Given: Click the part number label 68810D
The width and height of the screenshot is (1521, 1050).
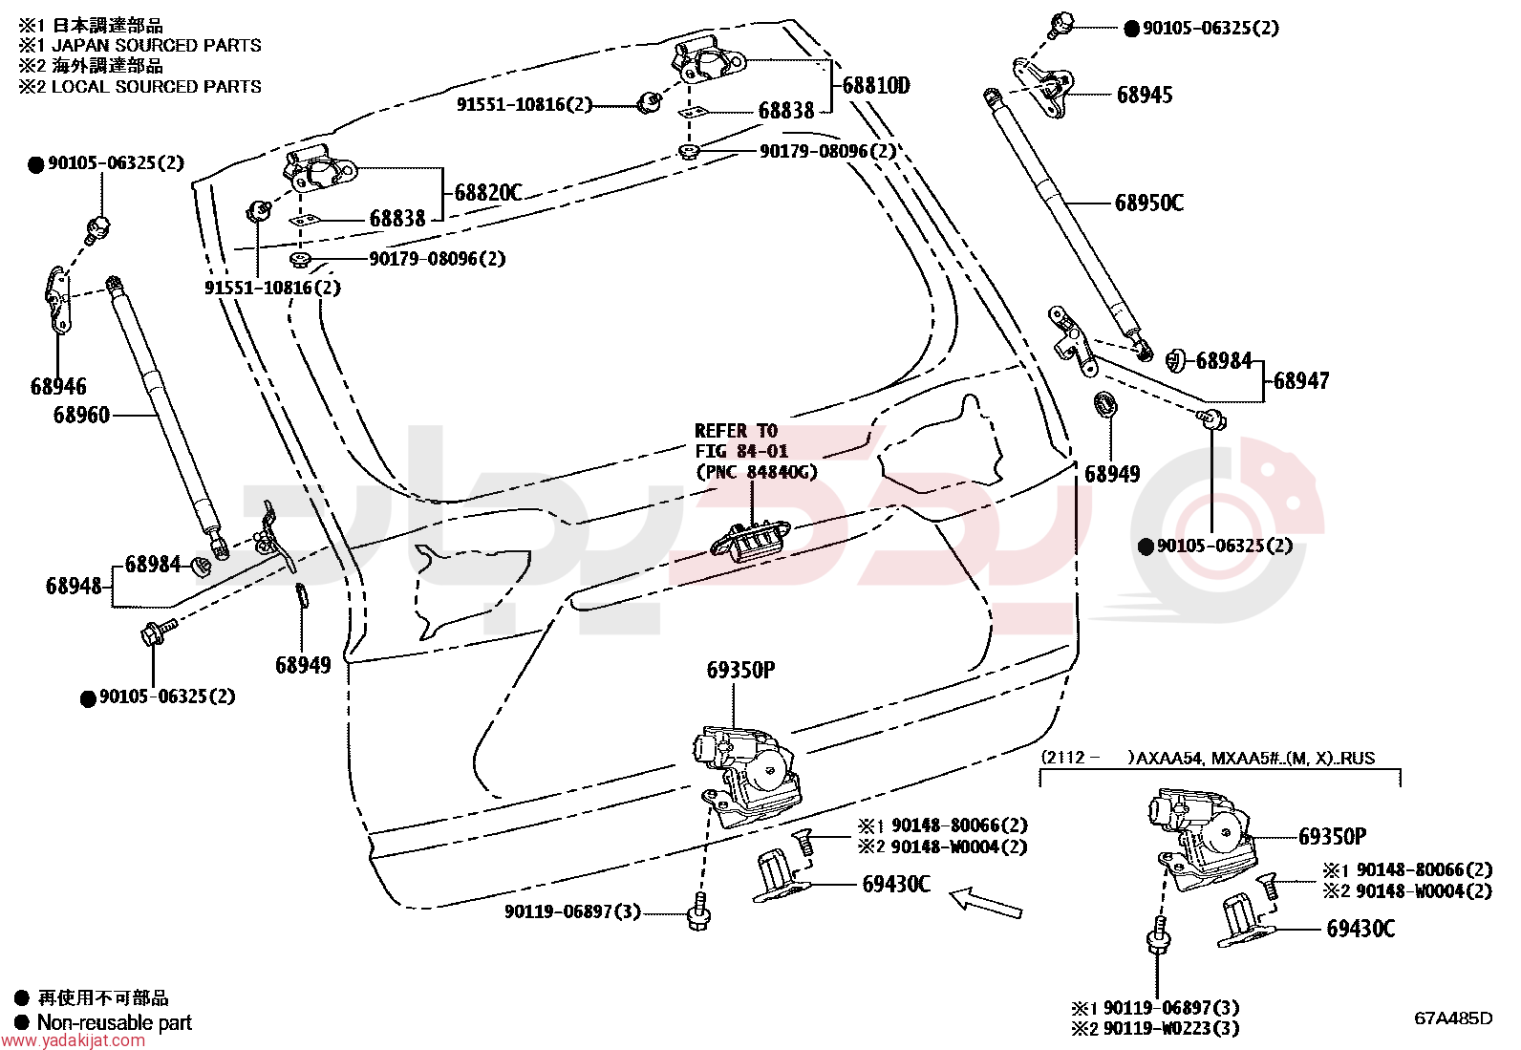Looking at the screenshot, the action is [876, 86].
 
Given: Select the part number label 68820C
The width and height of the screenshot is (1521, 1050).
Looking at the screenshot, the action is [488, 193].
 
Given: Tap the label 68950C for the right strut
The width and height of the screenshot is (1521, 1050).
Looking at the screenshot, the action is [1149, 203].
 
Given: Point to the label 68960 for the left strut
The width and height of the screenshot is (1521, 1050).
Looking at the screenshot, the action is [81, 415].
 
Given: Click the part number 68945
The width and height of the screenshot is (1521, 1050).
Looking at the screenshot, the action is [1145, 96].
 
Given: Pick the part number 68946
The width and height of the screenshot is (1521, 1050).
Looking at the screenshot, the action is [58, 386].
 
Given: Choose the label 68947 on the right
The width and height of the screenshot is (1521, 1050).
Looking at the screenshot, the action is [1301, 381].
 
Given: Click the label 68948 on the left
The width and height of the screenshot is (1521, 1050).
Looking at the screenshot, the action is [74, 586].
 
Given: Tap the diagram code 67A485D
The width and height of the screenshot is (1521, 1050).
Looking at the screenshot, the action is [1454, 1018].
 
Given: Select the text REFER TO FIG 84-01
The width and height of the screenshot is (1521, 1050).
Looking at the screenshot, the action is [741, 440].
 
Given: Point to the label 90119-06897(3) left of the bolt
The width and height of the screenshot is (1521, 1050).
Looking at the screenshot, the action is [572, 911].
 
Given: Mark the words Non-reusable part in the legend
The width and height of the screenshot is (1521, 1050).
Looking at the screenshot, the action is [115, 1022].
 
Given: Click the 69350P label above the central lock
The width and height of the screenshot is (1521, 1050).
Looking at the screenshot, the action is [740, 671].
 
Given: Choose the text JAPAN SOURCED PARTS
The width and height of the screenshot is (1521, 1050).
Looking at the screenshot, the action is [157, 46].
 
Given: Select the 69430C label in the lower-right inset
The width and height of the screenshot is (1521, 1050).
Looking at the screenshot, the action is [1360, 929].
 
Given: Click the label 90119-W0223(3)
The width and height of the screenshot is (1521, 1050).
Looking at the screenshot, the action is [1171, 1029].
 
